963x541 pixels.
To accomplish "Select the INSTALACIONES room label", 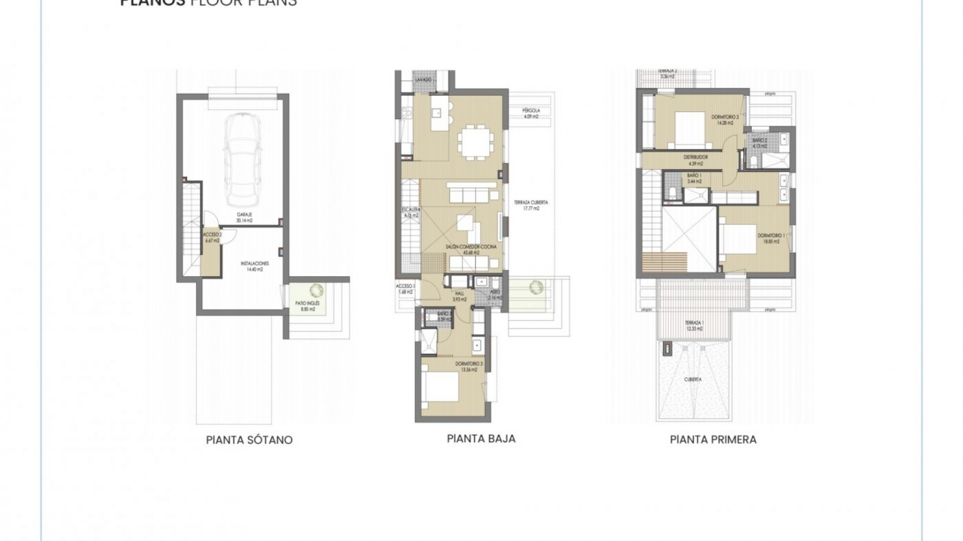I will (255, 266).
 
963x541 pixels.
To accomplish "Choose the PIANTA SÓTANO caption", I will (249, 440).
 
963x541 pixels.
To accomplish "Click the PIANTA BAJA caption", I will (481, 439).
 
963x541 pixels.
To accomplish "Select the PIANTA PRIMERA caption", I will (713, 440).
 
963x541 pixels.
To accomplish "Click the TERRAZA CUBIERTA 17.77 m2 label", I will (531, 205).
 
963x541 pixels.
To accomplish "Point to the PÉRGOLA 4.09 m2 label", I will (531, 113).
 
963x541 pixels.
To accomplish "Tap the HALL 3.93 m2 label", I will (459, 297).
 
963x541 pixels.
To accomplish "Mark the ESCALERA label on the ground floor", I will (411, 212).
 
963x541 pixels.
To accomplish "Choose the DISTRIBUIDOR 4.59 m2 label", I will (695, 160).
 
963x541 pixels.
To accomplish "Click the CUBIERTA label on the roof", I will (693, 380).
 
